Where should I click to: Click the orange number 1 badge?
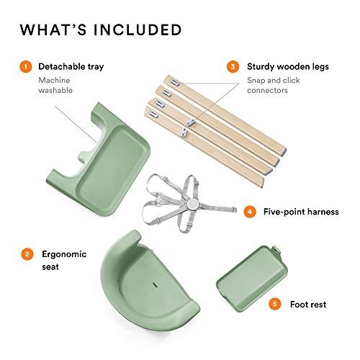coord(26,67)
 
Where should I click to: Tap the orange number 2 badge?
coord(26,253)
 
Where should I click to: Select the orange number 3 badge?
coord(233,67)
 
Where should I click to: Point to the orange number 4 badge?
coord(249,212)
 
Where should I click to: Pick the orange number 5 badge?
coord(274,304)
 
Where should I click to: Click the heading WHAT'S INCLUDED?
coord(100,30)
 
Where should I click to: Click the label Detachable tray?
coord(71,67)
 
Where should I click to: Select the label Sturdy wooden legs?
coord(287,67)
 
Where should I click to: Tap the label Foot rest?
coord(309,304)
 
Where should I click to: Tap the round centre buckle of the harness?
coord(190,204)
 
